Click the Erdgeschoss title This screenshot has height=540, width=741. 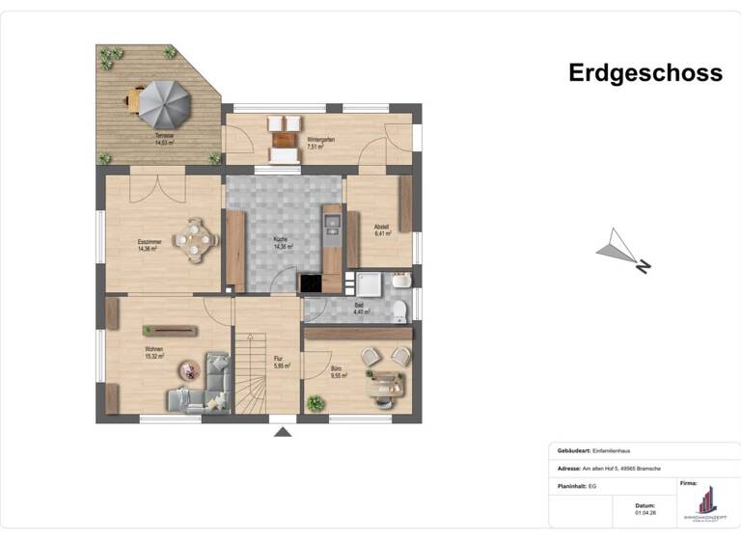pos(645,73)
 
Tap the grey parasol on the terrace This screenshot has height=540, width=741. pos(160,100)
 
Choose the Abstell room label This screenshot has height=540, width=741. pos(382,230)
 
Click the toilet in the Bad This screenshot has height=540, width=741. pos(399,310)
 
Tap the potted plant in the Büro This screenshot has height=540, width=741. pos(314,402)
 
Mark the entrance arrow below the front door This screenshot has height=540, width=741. pos(283,431)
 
